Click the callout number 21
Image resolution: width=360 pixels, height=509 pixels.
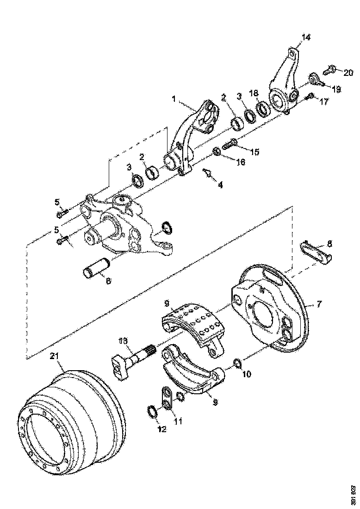point(54,356)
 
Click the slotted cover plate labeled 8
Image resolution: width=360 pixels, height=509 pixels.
point(316,253)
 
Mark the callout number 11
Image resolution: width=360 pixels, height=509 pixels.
point(178,421)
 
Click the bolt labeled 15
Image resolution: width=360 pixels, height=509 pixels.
point(230,145)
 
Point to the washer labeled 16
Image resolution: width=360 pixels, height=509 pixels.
point(216,151)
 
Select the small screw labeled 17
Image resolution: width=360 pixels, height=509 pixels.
point(310,96)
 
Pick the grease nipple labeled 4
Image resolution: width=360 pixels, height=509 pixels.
point(208,174)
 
